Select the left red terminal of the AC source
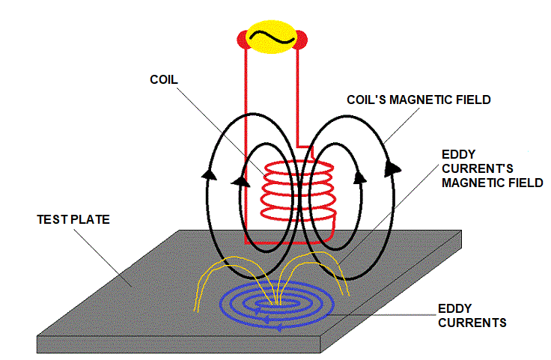point(243,39)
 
